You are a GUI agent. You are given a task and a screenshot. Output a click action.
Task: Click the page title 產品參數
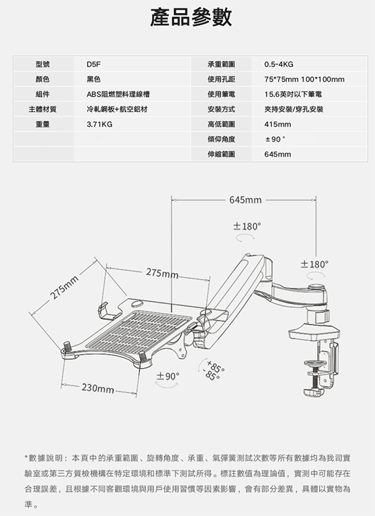tap(191, 17)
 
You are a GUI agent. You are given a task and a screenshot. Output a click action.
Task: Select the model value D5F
tap(93, 64)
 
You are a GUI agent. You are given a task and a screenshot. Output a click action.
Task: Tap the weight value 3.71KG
tap(99, 124)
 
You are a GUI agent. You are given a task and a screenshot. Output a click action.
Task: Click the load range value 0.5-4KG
tap(279, 64)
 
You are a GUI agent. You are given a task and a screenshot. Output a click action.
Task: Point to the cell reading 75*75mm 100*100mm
tap(304, 80)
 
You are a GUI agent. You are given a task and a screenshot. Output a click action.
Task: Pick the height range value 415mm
tap(278, 124)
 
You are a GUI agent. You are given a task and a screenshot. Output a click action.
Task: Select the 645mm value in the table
tap(278, 154)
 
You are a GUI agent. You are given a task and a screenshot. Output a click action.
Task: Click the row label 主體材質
tap(42, 109)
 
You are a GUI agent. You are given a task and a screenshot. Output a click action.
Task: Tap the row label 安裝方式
tap(221, 109)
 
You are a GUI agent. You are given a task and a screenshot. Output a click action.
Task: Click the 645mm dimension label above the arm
tap(245, 200)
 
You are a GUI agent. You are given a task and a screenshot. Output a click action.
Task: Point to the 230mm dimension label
tap(97, 388)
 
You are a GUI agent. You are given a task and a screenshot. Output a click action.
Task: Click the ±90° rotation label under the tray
tap(168, 376)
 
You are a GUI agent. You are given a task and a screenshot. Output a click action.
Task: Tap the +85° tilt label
tap(216, 366)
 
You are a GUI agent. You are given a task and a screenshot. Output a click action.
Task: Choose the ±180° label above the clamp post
tap(314, 265)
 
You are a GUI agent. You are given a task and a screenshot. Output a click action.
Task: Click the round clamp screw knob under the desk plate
tap(314, 363)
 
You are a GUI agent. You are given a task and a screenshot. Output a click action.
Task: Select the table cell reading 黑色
tap(93, 80)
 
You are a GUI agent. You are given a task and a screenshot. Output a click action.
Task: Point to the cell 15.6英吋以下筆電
tap(293, 95)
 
